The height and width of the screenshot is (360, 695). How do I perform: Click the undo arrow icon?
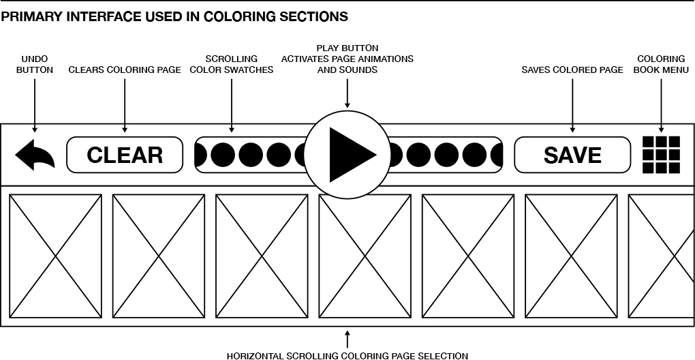click(x=35, y=155)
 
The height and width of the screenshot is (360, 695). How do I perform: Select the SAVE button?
click(x=572, y=155)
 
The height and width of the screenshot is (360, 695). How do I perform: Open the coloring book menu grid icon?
click(x=661, y=155)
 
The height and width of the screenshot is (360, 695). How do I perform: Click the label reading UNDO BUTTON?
click(x=35, y=64)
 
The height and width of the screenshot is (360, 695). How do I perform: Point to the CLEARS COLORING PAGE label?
click(x=125, y=70)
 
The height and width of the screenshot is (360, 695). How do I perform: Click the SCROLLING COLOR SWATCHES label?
click(x=232, y=64)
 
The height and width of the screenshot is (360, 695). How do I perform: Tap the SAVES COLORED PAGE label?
click(x=572, y=70)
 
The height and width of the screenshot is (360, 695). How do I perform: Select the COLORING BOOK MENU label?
click(x=661, y=64)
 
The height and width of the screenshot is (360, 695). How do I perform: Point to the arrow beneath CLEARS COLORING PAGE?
click(x=125, y=106)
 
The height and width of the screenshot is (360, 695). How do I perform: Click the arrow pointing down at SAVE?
click(x=572, y=106)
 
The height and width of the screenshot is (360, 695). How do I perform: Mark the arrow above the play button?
click(x=347, y=93)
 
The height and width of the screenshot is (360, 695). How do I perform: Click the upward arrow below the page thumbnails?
click(x=347, y=339)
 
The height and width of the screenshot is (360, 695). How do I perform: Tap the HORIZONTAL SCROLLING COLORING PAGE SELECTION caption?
click(x=347, y=355)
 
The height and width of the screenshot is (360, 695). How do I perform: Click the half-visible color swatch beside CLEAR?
click(x=201, y=155)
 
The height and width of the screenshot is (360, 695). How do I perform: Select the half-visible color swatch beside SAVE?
click(x=497, y=155)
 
